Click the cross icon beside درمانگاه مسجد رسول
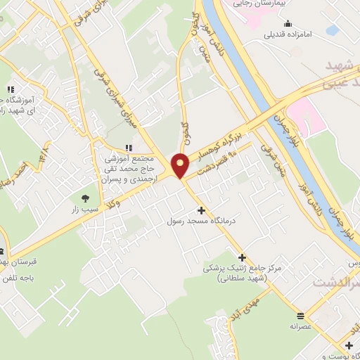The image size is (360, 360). pos(202,210)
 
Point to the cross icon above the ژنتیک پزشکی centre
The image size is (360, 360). pos(243,257)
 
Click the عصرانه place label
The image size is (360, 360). pos(300,307)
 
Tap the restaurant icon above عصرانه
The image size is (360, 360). pos(300,295)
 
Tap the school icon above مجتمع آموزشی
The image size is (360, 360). pos(128,148)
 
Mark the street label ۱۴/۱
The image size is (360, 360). pos(46,150)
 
